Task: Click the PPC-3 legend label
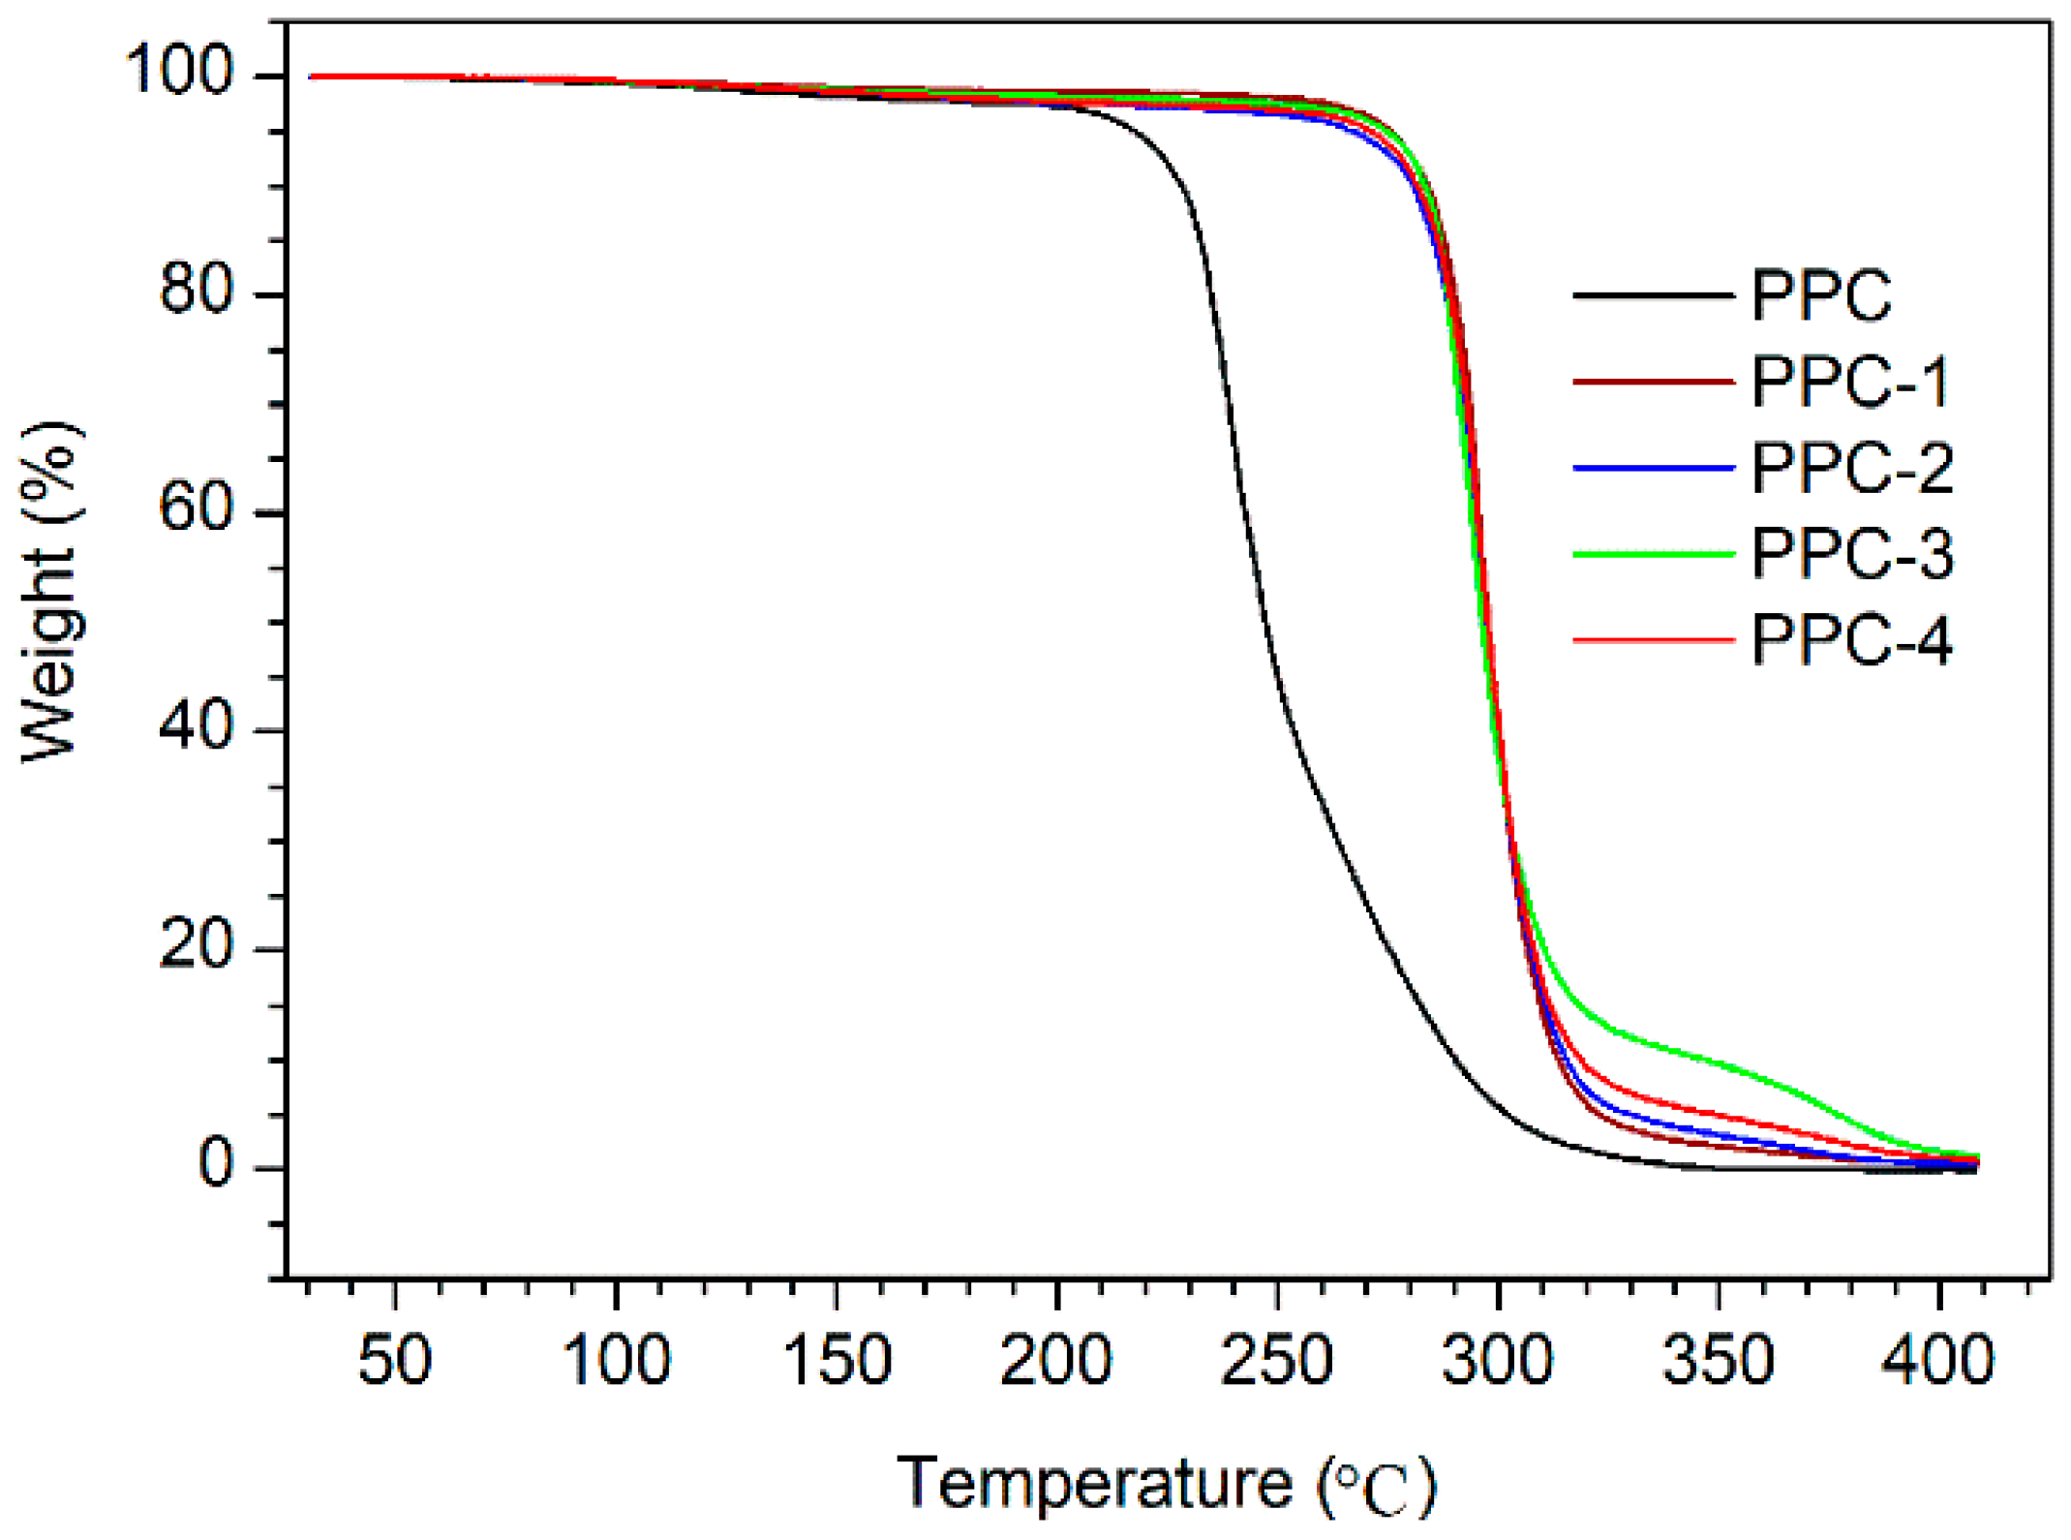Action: click(1850, 555)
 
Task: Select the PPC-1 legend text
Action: click(1850, 382)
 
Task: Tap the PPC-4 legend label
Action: click(1850, 641)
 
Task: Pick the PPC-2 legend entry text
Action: click(1850, 469)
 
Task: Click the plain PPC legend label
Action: click(1820, 295)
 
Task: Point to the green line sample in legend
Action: click(1652, 555)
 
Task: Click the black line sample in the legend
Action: click(1652, 295)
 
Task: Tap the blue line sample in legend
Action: click(1652, 469)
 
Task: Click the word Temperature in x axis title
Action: click(1094, 1483)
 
